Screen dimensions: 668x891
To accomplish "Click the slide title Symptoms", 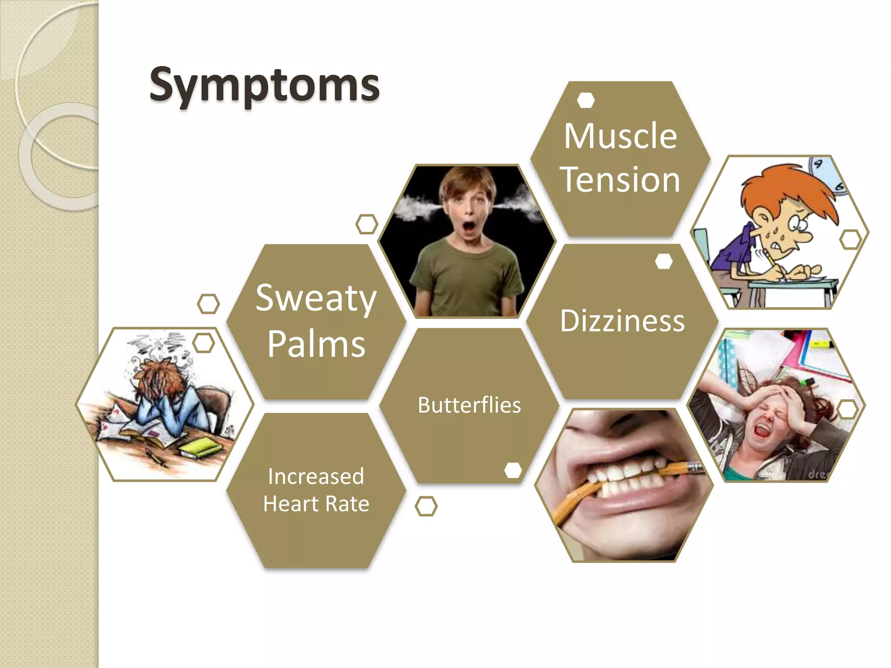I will (264, 85).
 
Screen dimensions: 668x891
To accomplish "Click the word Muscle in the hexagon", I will (620, 136).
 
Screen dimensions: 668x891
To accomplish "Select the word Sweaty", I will (316, 299).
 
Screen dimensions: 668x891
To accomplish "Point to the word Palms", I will (316, 344).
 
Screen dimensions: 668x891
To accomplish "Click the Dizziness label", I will (622, 321).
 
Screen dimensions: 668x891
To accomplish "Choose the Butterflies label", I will (469, 405).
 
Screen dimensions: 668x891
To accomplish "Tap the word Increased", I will (316, 476).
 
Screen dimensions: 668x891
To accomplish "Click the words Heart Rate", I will (316, 504).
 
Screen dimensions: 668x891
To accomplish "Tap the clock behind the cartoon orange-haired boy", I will (824, 172).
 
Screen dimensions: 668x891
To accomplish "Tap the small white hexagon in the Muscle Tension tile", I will (586, 100).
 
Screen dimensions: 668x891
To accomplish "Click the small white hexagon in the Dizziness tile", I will (663, 261).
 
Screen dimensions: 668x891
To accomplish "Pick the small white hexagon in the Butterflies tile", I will (513, 470).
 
